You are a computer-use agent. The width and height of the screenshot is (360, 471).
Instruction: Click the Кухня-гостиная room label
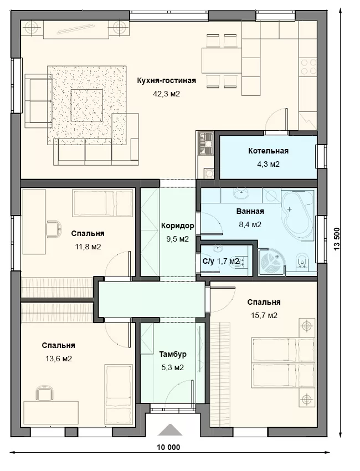click(167, 81)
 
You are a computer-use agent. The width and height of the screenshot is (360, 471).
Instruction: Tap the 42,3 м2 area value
click(167, 94)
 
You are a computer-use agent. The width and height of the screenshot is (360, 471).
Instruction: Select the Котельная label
click(268, 151)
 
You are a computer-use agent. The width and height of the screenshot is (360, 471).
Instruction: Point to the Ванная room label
click(250, 211)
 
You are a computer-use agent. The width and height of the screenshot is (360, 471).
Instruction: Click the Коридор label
click(177, 226)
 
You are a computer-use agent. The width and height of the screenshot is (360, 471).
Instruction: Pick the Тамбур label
click(173, 354)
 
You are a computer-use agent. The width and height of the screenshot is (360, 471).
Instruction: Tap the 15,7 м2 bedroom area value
click(264, 315)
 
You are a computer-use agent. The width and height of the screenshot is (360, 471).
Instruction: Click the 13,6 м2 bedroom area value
click(59, 359)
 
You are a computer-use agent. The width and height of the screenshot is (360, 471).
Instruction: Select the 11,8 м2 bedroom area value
click(88, 247)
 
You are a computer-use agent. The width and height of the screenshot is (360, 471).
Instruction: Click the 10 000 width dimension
click(168, 447)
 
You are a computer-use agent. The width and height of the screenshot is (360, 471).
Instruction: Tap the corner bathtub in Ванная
click(297, 214)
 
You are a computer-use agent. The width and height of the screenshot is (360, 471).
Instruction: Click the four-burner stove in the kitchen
click(308, 66)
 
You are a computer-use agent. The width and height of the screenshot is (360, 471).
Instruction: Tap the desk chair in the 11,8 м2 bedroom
click(54, 229)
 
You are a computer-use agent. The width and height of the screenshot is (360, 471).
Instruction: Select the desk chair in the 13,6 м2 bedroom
click(44, 393)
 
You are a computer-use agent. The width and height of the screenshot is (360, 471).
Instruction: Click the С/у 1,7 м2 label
click(220, 261)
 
